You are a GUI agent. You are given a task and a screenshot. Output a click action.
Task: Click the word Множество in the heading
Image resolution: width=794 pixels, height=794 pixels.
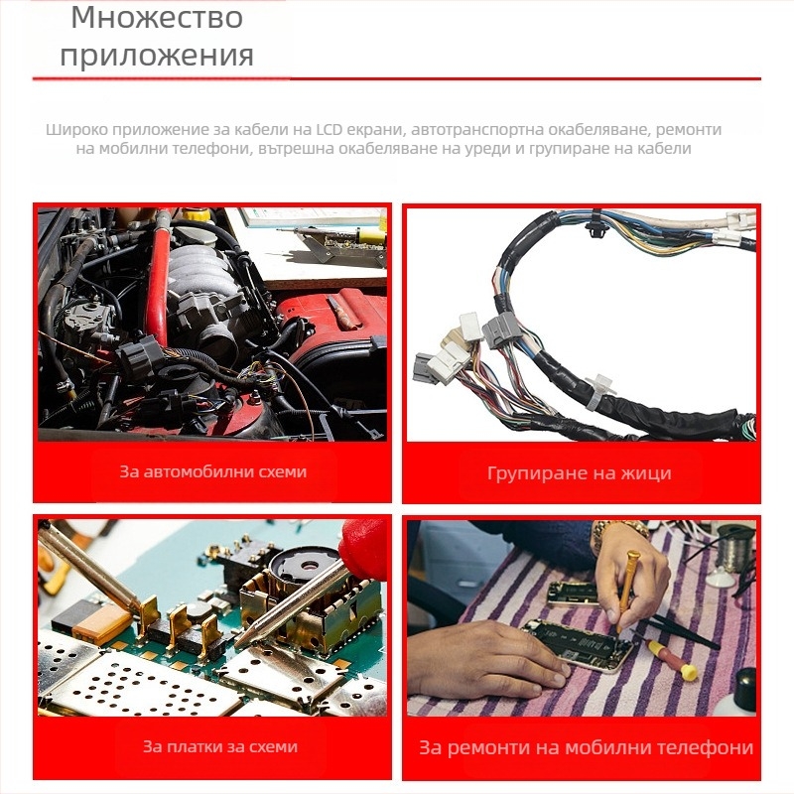click(157, 18)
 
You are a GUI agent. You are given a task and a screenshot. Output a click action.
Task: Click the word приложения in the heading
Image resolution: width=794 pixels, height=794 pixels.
click(157, 55)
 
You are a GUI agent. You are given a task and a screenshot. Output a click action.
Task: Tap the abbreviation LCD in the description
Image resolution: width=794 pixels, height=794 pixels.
click(333, 130)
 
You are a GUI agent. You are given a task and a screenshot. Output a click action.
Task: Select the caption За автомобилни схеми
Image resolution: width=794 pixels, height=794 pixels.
click(213, 471)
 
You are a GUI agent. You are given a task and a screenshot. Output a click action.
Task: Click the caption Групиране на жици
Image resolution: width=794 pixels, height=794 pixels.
click(580, 473)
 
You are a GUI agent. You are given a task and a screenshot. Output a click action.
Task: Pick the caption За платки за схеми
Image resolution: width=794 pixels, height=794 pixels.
click(220, 746)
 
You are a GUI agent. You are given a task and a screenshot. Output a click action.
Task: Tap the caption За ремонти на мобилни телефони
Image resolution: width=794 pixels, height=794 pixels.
click(586, 747)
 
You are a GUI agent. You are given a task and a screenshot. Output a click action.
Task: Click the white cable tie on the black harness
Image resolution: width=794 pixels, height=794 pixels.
click(597, 390)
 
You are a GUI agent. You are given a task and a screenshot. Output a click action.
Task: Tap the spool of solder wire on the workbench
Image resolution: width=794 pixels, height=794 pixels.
click(735, 548)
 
